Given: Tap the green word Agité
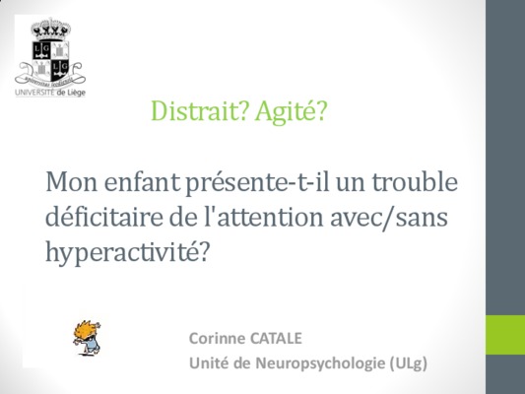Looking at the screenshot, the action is pyautogui.click(x=291, y=111).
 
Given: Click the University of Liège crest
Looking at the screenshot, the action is pyautogui.click(x=50, y=52).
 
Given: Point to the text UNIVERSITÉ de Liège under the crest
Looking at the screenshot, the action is pyautogui.click(x=50, y=93).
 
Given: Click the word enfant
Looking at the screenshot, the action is pyautogui.click(x=142, y=182).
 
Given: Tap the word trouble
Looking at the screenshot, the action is pyautogui.click(x=415, y=182).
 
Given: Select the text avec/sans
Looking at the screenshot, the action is pyautogui.click(x=389, y=217).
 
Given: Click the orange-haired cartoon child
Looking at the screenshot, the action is pyautogui.click(x=87, y=338).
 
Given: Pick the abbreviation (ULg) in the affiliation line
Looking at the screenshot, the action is pyautogui.click(x=409, y=363).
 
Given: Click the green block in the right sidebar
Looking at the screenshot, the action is pyautogui.click(x=505, y=335).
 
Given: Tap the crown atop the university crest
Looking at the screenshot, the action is pyautogui.click(x=51, y=30).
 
